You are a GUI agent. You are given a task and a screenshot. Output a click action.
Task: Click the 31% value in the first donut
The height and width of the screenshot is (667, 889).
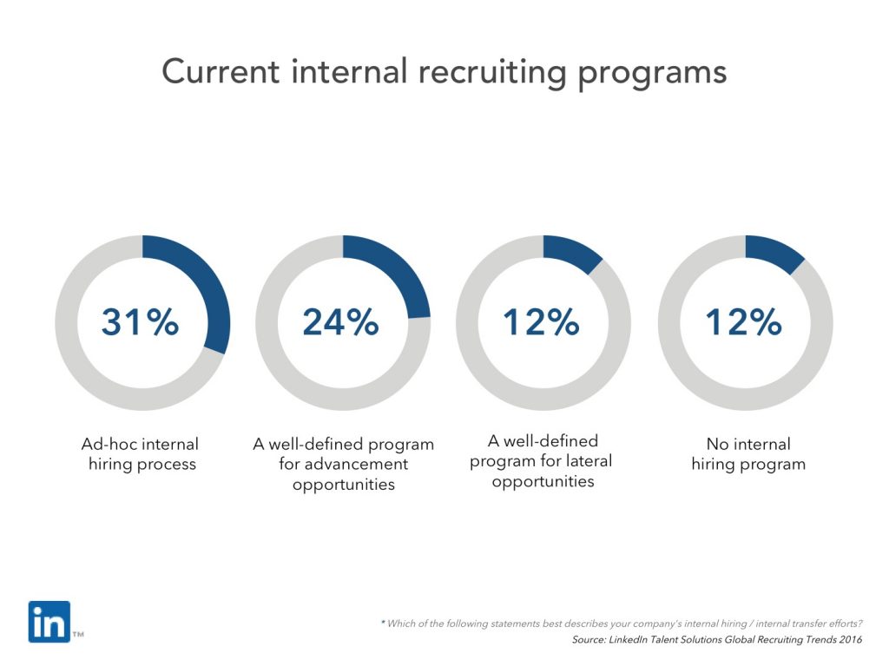pyautogui.click(x=141, y=322)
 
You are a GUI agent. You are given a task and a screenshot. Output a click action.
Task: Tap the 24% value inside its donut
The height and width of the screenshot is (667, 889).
pyautogui.click(x=341, y=322)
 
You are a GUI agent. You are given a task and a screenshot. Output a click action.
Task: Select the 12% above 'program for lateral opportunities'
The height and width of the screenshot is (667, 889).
pyautogui.click(x=542, y=322)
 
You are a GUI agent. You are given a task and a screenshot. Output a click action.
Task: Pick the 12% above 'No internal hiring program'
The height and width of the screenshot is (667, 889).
pyautogui.click(x=743, y=322)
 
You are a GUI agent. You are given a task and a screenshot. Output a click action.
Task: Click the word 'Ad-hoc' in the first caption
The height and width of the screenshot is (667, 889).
pyautogui.click(x=105, y=445)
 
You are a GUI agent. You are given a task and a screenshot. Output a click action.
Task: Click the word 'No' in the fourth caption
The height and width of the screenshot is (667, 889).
pyautogui.click(x=717, y=445)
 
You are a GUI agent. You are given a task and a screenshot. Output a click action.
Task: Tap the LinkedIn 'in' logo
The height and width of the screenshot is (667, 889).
pyautogui.click(x=49, y=622)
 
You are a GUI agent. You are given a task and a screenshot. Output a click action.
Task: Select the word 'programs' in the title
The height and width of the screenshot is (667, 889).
pyautogui.click(x=660, y=72)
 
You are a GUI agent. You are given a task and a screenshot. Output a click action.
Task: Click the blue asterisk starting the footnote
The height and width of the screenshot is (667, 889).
pyautogui.click(x=383, y=623)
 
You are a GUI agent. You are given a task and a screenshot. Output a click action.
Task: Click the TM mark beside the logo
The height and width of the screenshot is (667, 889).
pyautogui.click(x=78, y=636)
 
